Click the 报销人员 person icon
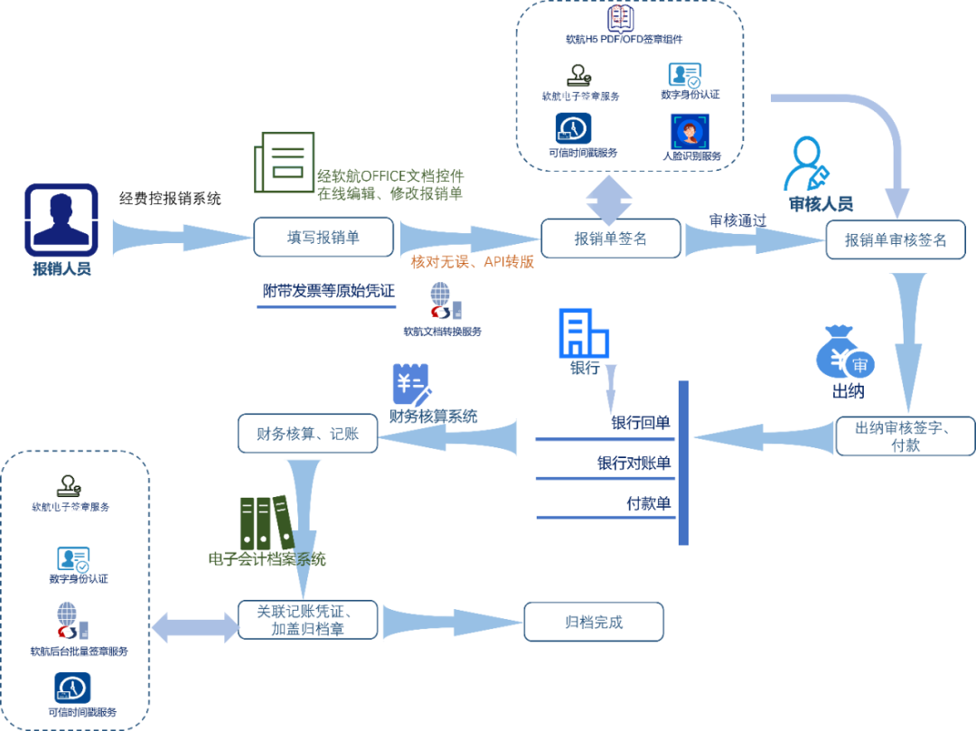(x=61, y=220)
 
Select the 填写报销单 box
(x=324, y=238)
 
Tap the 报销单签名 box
(x=611, y=239)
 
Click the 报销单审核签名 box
(x=895, y=240)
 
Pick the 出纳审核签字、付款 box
(x=905, y=436)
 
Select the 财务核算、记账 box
(x=307, y=434)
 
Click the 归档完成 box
(x=594, y=623)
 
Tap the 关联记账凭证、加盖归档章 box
(x=307, y=621)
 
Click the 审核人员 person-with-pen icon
(x=807, y=164)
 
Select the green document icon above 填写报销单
(x=285, y=163)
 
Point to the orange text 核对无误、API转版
(x=472, y=262)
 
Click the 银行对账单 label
(x=633, y=464)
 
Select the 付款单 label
(x=648, y=504)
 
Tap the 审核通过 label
(x=737, y=220)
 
